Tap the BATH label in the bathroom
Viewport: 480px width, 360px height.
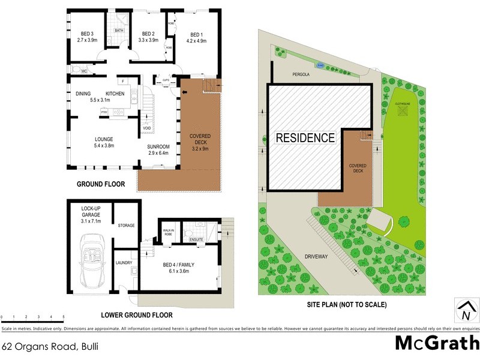(119, 30)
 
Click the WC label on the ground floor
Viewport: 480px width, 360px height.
(85, 70)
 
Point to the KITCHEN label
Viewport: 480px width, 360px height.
(115, 94)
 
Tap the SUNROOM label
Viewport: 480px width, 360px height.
(158, 146)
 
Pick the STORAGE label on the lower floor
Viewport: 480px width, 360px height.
(126, 226)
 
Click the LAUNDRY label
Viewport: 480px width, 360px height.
(124, 262)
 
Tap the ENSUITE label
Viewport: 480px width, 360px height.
(196, 239)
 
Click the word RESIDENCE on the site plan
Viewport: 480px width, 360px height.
(305, 138)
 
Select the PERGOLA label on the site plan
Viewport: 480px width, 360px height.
(301, 75)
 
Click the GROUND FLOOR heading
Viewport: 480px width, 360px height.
(100, 184)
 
